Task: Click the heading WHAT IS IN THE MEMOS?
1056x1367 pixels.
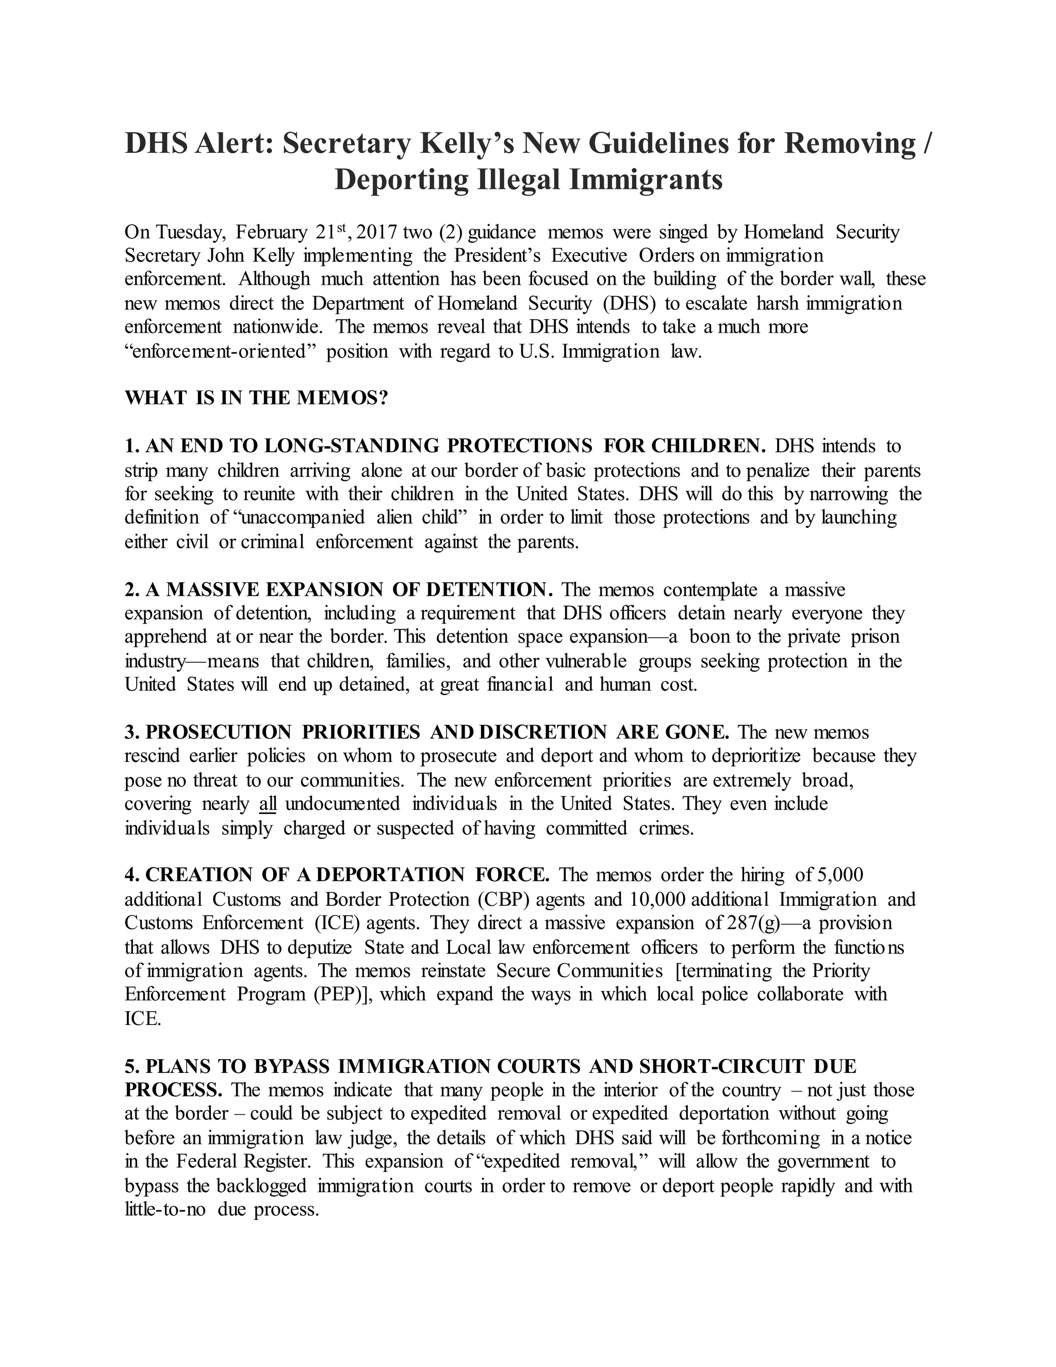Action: pos(256,398)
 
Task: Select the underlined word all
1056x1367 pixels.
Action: pos(268,804)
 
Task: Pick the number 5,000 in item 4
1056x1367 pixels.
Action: pos(840,875)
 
